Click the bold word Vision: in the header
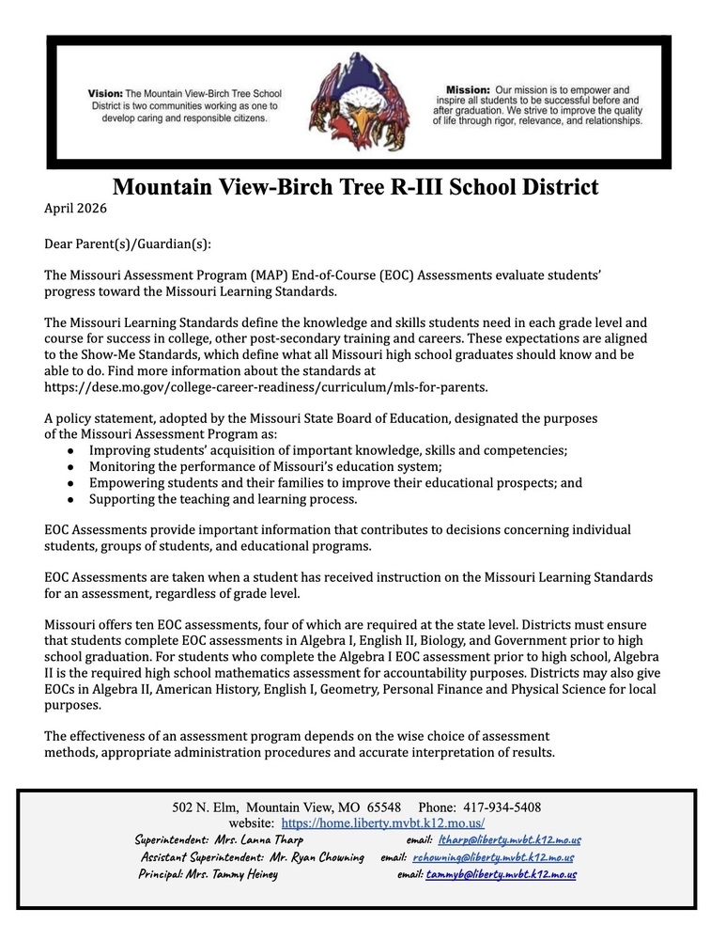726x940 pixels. point(105,95)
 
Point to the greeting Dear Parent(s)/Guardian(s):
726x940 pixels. point(129,244)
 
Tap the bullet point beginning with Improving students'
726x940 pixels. point(328,450)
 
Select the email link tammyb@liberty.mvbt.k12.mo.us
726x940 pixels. point(501,874)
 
